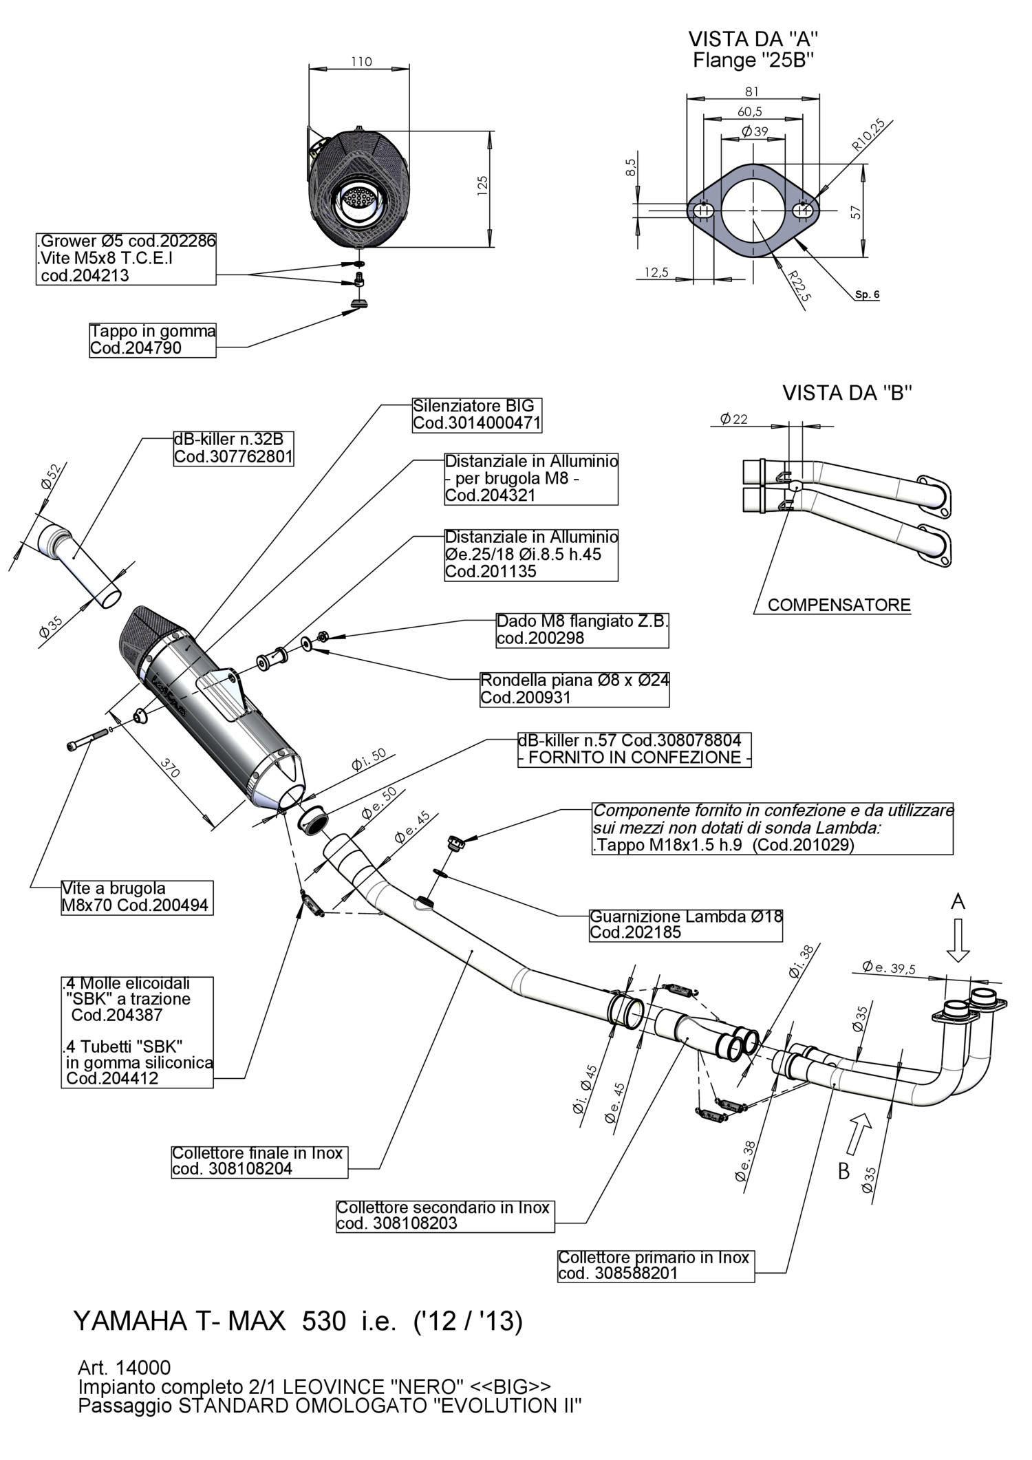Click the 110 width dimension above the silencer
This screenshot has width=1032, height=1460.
tap(361, 62)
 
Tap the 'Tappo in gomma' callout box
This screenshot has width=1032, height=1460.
tap(153, 340)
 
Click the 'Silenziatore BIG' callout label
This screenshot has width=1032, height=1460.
tap(477, 415)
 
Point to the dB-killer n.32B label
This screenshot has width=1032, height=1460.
tap(233, 448)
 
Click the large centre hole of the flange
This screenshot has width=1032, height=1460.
tap(753, 210)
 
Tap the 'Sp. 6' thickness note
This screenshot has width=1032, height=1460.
tap(867, 295)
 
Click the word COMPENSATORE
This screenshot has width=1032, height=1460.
tap(839, 605)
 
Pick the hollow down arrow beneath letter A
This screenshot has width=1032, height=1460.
tap(958, 940)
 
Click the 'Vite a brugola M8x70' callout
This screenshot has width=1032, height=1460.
tap(135, 897)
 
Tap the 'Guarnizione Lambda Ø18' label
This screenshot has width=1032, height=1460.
tap(686, 925)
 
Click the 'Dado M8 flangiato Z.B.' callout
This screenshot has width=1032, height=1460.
tap(582, 630)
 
